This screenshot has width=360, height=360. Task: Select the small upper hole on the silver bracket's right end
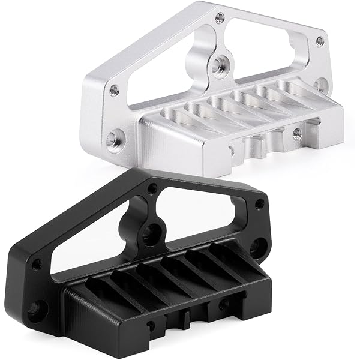(320, 41)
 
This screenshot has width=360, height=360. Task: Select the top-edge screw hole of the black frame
(153, 188)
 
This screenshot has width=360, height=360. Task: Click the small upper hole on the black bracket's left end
(37, 263)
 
